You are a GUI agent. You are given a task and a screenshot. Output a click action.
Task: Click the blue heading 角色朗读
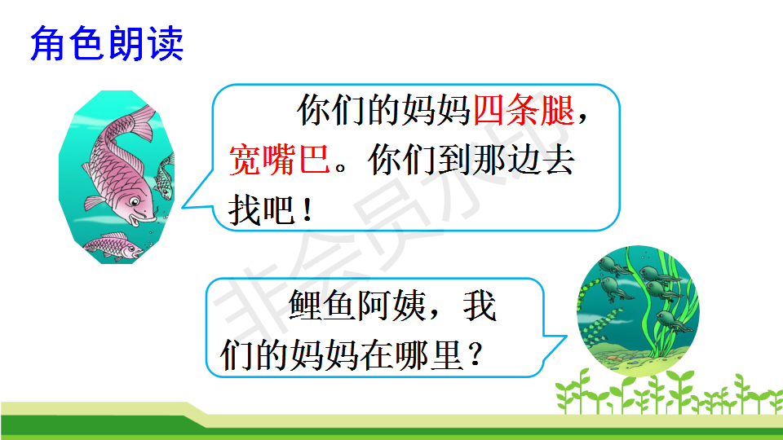pos(107,44)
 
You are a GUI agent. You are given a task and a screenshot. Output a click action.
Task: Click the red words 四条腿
pos(524,110)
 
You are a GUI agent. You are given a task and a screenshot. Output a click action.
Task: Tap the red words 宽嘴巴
pos(280,160)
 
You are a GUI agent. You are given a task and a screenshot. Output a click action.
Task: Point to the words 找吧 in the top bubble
pos(262,210)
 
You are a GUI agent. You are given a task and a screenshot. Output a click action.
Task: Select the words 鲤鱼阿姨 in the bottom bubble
pos(357,306)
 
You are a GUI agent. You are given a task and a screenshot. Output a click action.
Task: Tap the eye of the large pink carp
pos(135,202)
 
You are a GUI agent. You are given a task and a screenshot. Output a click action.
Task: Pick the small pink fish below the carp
pos(114,246)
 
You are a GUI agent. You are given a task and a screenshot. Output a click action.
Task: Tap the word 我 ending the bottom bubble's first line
pos(480,306)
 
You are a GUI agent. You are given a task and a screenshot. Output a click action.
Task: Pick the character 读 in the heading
pos(166,44)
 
